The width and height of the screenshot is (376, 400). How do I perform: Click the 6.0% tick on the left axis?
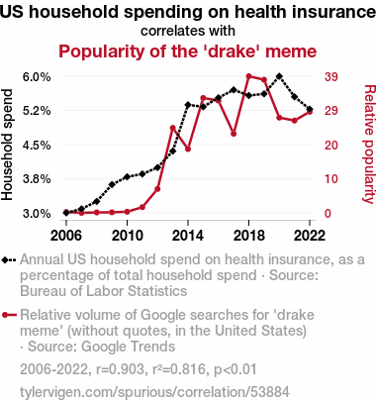37,77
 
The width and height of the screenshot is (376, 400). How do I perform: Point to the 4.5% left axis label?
37,145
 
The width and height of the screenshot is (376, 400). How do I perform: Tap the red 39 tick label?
331,77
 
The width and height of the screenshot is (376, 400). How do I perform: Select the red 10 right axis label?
331,179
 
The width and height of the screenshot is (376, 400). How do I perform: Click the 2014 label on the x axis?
188,236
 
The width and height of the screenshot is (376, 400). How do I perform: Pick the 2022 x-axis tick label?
310,236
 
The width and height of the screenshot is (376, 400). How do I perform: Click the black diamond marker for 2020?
279,76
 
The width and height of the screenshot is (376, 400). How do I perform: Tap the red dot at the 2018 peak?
249,76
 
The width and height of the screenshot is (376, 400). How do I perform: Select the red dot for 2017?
234,134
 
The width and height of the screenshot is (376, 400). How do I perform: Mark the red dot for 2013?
172,128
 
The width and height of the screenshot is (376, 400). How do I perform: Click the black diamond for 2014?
188,105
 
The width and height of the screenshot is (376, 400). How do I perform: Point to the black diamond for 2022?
310,109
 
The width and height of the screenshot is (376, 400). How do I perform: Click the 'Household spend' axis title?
7,145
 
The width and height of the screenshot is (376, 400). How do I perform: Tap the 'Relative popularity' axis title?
369,145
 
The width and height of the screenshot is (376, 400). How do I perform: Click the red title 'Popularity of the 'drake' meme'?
188,51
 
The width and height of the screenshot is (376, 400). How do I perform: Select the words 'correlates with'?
188,31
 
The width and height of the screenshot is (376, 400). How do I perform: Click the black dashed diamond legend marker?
9,260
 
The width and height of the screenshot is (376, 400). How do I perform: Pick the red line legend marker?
9,315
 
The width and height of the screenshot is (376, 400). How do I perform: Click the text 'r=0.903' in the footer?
121,369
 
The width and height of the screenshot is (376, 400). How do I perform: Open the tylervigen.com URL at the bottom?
154,392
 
